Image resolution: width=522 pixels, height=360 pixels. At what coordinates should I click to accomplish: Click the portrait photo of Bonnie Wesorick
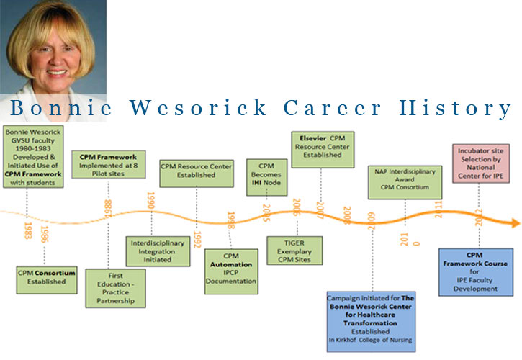coord(53,50)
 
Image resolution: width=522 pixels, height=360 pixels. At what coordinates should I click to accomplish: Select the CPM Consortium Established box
coord(46,276)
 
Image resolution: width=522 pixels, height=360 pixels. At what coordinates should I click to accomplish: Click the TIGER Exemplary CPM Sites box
coord(294,250)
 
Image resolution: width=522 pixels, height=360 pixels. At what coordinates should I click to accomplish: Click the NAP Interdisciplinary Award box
coord(405,182)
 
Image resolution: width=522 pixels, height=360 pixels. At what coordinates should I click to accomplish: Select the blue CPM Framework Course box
coord(475,271)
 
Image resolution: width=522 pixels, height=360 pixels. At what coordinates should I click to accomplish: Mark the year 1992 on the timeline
coord(197,238)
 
